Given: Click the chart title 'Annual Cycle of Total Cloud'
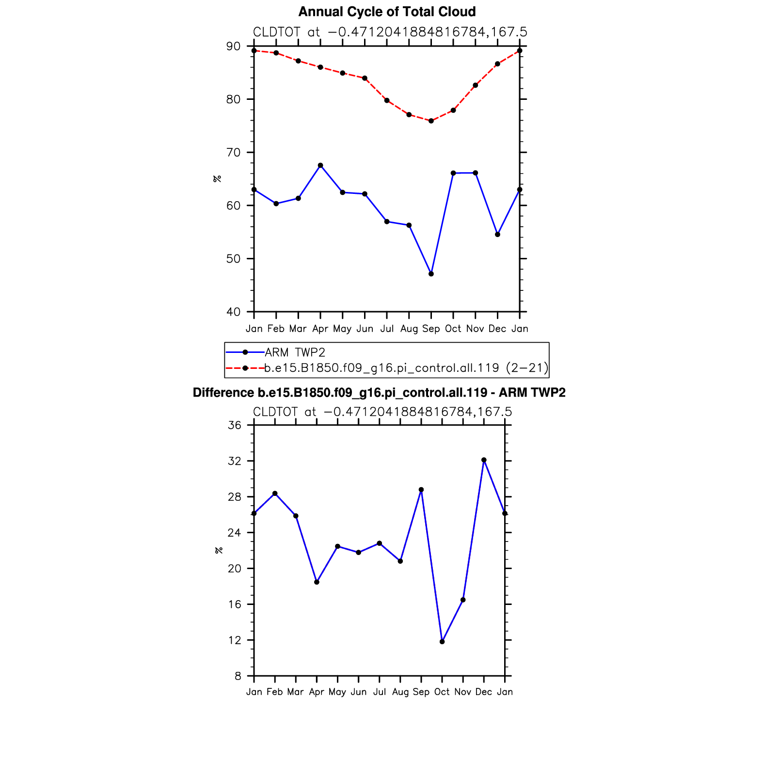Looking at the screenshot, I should (387, 12).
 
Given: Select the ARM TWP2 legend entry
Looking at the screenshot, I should (295, 352).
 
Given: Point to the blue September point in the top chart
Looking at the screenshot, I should (431, 274).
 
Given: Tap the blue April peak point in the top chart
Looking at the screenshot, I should (320, 165).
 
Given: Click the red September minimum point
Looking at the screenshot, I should (431, 121).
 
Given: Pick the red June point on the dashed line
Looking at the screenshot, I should (365, 78).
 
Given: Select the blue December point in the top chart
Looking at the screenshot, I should (497, 235).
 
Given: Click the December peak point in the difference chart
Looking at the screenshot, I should (484, 460).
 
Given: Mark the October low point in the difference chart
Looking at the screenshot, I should (442, 642).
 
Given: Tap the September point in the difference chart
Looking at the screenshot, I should (421, 490).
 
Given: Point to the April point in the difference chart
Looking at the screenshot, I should (317, 582).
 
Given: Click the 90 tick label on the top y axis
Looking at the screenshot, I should (233, 47).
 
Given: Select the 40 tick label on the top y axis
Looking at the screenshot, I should (233, 312).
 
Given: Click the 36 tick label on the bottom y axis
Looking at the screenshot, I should (234, 426).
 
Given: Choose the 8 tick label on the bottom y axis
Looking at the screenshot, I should (238, 676).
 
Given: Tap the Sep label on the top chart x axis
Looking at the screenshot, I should (431, 329).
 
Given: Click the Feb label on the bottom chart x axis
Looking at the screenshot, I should (275, 692).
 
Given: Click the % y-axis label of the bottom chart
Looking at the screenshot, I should (219, 550).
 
